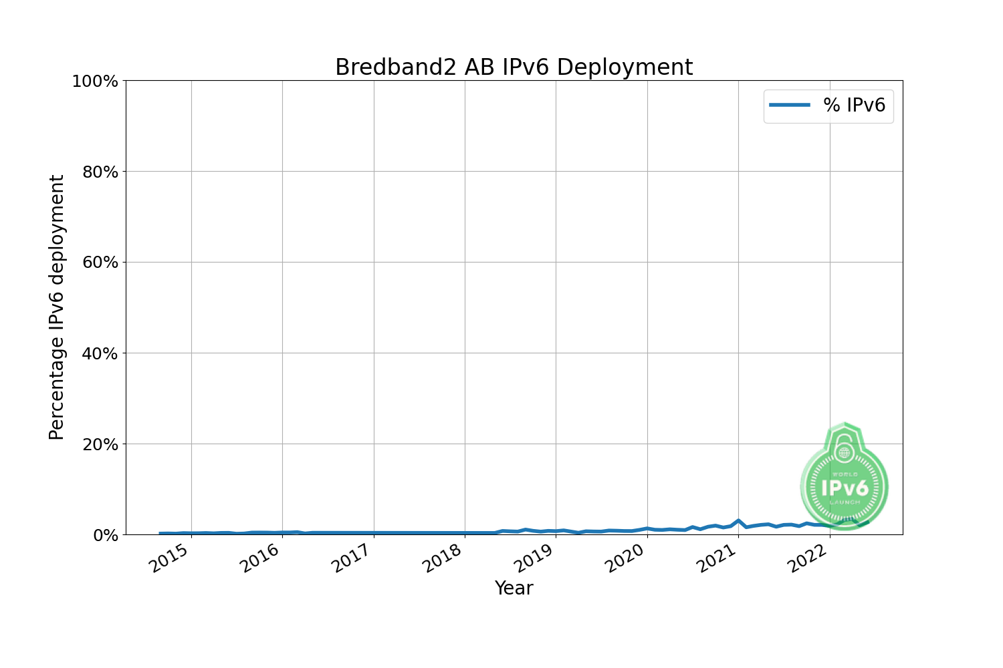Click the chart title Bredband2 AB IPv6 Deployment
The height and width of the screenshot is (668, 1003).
point(514,67)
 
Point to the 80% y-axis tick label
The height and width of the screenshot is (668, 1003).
point(100,172)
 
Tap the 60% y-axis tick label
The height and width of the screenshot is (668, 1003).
point(100,263)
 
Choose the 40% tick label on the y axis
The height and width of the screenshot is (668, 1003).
point(100,353)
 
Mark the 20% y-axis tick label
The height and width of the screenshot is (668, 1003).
point(100,444)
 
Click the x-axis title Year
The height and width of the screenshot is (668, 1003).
point(514,589)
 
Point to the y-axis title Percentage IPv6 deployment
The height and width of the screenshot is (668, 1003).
point(57,307)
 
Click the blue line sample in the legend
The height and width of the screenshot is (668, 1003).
point(790,105)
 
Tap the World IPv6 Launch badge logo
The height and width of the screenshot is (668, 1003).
point(845,478)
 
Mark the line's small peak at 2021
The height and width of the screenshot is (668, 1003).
point(738,520)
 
